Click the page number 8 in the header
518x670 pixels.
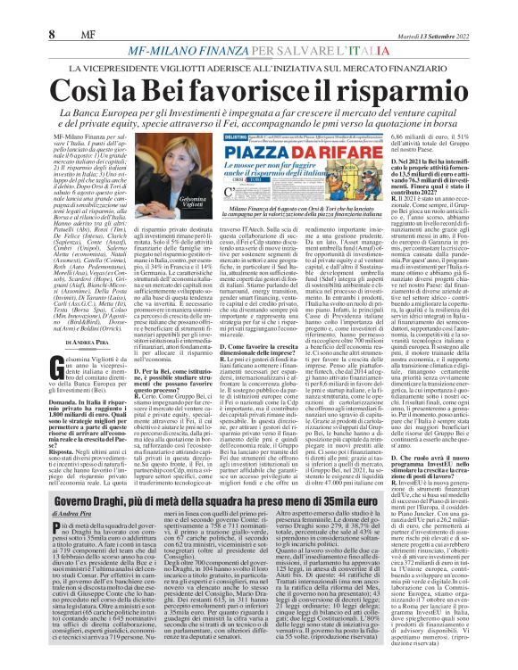16,10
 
